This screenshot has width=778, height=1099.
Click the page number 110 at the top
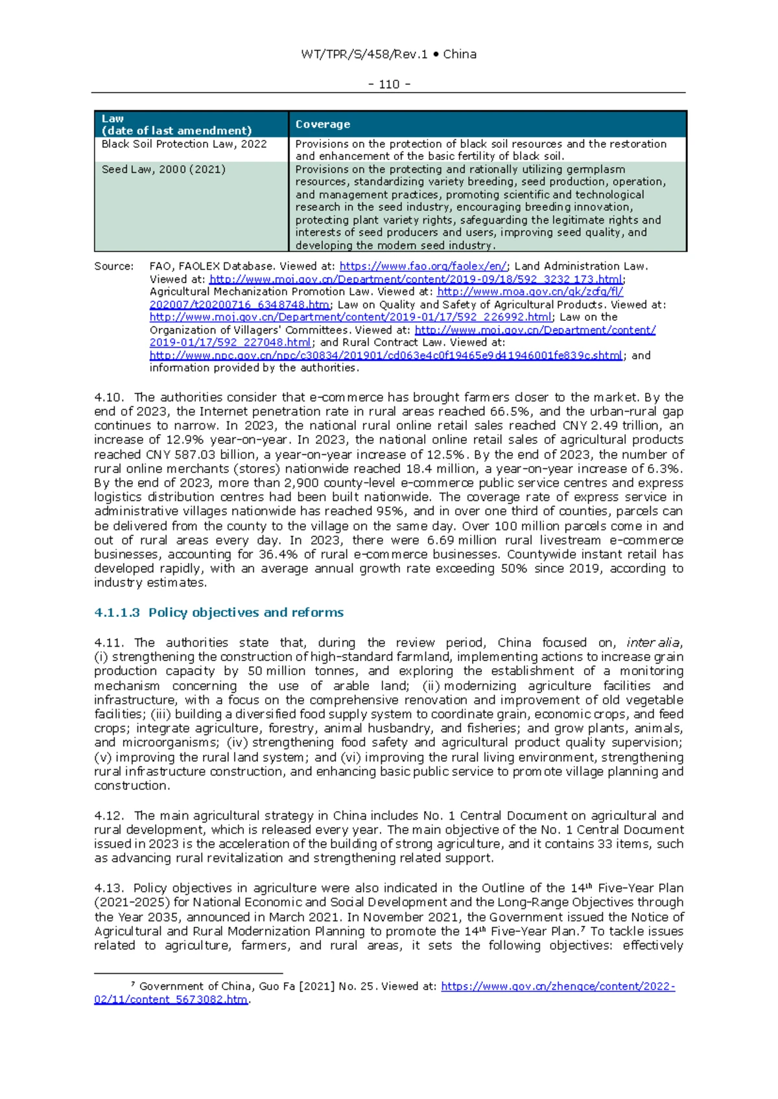pyautogui.click(x=389, y=84)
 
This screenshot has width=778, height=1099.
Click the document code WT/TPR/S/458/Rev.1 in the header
pyautogui.click(x=364, y=54)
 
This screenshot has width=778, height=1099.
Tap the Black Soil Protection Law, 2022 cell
pyautogui.click(x=184, y=144)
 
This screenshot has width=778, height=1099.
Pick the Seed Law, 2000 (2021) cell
pyautogui.click(x=163, y=169)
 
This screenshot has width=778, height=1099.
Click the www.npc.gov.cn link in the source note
pyautogui.click(x=386, y=356)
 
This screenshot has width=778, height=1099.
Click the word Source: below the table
pyautogui.click(x=114, y=266)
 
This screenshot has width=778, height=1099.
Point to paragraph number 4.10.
pyautogui.click(x=108, y=397)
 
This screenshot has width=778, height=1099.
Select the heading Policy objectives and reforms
pyautogui.click(x=246, y=612)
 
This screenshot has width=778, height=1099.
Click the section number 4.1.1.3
pyautogui.click(x=117, y=612)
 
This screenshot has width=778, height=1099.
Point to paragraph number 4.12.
pyautogui.click(x=108, y=816)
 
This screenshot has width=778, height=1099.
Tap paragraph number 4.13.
pyautogui.click(x=108, y=888)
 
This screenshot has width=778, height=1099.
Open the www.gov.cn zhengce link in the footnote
pyautogui.click(x=558, y=986)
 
